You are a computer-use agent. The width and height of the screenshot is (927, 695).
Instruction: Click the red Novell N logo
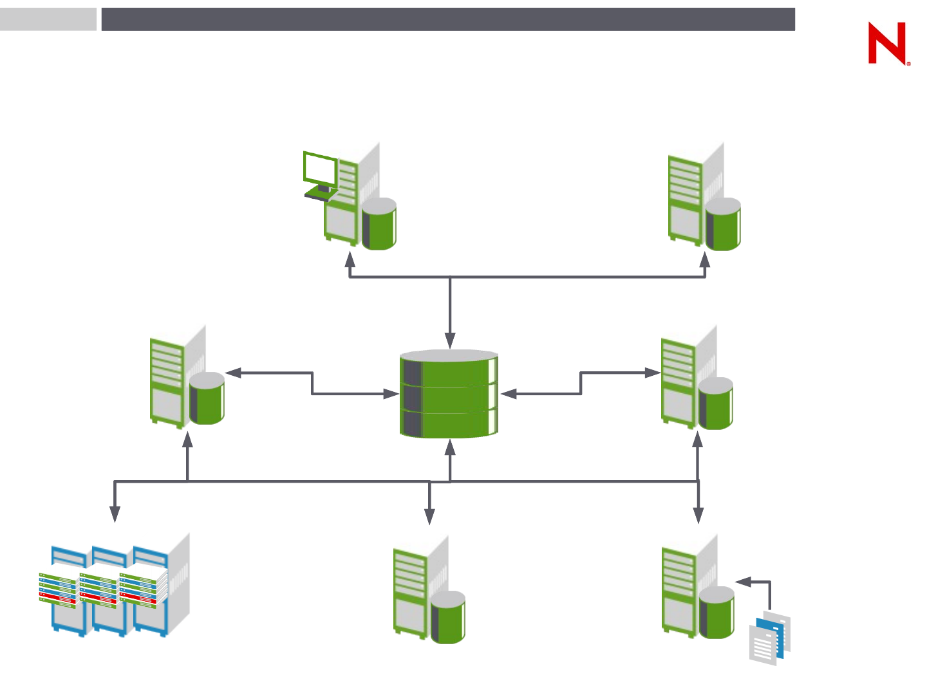tap(887, 43)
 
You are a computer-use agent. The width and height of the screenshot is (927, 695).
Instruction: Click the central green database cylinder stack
tap(449, 394)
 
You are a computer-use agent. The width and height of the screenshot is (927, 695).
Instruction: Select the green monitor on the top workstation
tap(320, 169)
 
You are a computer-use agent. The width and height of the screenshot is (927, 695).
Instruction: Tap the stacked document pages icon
tap(770, 637)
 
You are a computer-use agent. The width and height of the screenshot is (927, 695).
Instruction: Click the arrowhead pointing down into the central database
tap(450, 341)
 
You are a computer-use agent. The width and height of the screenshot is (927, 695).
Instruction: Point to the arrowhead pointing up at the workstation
tap(350, 259)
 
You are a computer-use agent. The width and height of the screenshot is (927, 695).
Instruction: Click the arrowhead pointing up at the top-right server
tap(705, 259)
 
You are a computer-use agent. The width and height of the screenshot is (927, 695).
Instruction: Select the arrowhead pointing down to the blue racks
tap(115, 514)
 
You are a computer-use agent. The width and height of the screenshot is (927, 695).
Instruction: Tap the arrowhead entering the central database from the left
tap(391, 394)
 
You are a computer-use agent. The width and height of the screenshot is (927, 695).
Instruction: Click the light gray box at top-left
tap(48, 19)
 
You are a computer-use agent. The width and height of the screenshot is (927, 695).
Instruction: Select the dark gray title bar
tap(448, 19)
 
